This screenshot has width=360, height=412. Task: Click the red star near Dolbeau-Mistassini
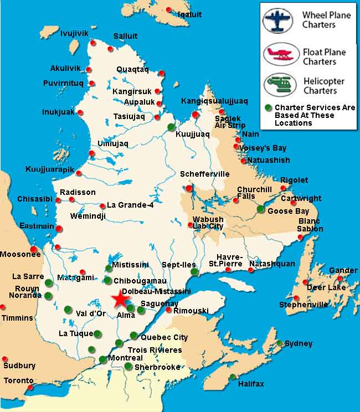point(120,299)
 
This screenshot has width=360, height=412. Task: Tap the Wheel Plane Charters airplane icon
point(277,20)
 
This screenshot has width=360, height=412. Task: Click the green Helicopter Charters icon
point(277,85)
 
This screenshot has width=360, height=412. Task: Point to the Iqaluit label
point(189,14)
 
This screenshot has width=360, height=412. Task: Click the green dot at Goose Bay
point(260,209)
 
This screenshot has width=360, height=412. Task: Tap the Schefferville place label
point(204,174)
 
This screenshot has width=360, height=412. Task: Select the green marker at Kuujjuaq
point(171,127)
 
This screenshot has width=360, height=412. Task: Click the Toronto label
point(19,380)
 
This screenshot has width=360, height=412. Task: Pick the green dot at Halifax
point(233,377)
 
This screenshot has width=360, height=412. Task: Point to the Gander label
point(343,270)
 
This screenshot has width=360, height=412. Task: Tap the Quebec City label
point(164,337)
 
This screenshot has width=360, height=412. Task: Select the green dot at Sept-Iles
point(194,272)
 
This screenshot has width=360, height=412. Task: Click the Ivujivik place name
point(74,34)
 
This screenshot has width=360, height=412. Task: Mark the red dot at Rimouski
point(168,310)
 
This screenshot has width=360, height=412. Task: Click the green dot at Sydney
point(280,343)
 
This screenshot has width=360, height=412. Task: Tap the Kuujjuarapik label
point(49,169)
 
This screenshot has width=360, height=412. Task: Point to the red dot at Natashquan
point(251,270)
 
